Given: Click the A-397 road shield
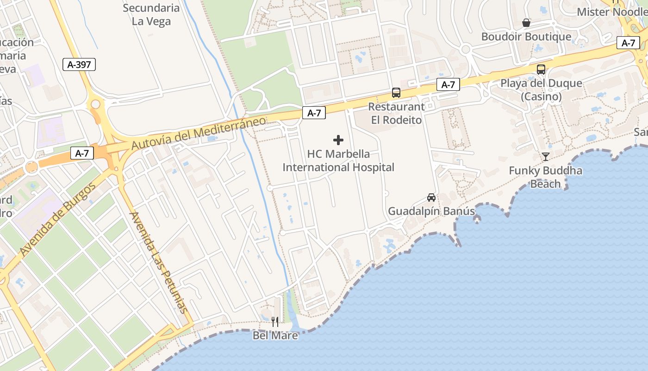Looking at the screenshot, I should tap(79, 64).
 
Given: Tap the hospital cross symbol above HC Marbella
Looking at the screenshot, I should tap(338, 140).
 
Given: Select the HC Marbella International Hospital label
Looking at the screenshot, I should tap(338, 160).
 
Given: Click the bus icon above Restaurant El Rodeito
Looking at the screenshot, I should tap(396, 92).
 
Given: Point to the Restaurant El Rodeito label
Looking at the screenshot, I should tap(397, 113).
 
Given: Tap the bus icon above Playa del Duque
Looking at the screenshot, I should tap(541, 70).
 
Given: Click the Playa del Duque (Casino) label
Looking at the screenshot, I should tap(541, 90).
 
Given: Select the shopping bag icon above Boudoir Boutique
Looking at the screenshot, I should tap(526, 23).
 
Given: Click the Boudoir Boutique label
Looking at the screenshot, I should tap(526, 37).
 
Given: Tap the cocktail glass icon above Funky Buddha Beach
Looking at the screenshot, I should tap(546, 156).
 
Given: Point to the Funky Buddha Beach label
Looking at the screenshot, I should tap(546, 177).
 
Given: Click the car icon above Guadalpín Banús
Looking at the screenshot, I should tap(431, 198).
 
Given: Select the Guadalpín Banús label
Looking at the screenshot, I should tap(431, 211).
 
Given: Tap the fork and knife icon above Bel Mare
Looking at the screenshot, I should tap(275, 321).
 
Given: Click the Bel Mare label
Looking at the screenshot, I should tap(275, 335).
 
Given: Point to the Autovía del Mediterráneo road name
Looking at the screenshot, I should tap(199, 133).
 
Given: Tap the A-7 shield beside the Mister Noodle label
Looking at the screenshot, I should tap(628, 43).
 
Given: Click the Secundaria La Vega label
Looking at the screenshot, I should tap(151, 14).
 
